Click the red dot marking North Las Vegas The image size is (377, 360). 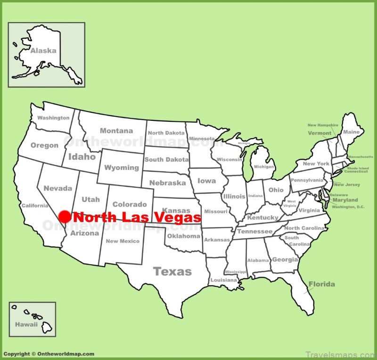65,217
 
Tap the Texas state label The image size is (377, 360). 172,271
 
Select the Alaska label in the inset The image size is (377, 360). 43,50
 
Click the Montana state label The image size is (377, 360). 116,131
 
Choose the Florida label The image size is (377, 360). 322,284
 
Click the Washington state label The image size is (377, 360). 53,118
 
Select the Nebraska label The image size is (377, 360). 167,183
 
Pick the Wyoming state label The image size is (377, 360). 122,167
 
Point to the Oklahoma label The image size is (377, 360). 183,236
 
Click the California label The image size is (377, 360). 34,206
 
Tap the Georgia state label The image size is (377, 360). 285,260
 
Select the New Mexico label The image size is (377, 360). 123,241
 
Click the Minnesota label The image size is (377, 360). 202,139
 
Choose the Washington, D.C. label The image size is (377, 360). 349,207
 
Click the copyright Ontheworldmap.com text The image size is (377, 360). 49,354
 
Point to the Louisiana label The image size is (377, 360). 223,280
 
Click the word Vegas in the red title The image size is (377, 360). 180,218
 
